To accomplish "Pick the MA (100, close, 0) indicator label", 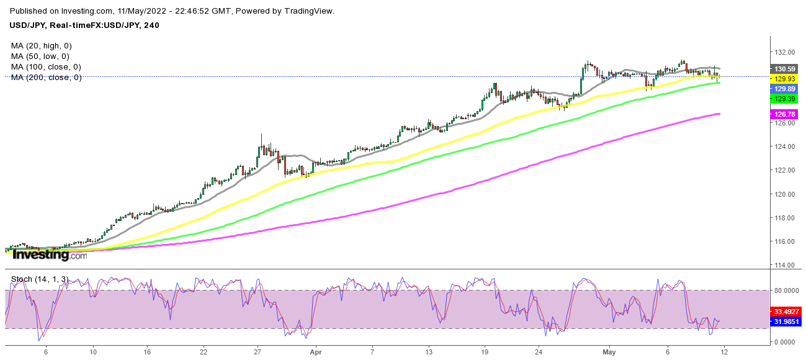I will (46, 67).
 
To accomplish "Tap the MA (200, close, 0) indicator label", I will (46, 78).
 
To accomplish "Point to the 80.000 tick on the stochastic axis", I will (785, 290).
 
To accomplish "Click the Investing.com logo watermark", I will (50, 254).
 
